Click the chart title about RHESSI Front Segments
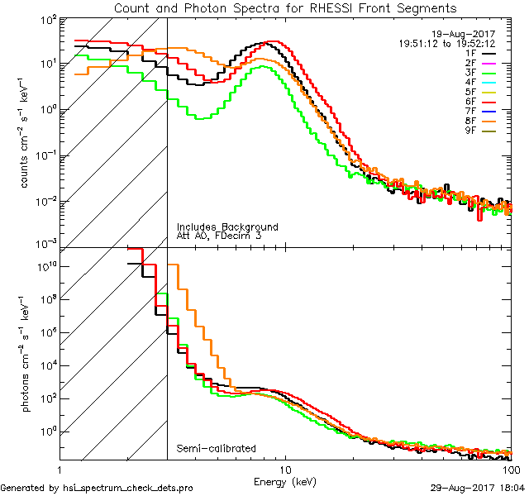[x=285, y=8]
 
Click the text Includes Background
[x=226, y=227]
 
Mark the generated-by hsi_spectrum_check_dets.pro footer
[x=97, y=489]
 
